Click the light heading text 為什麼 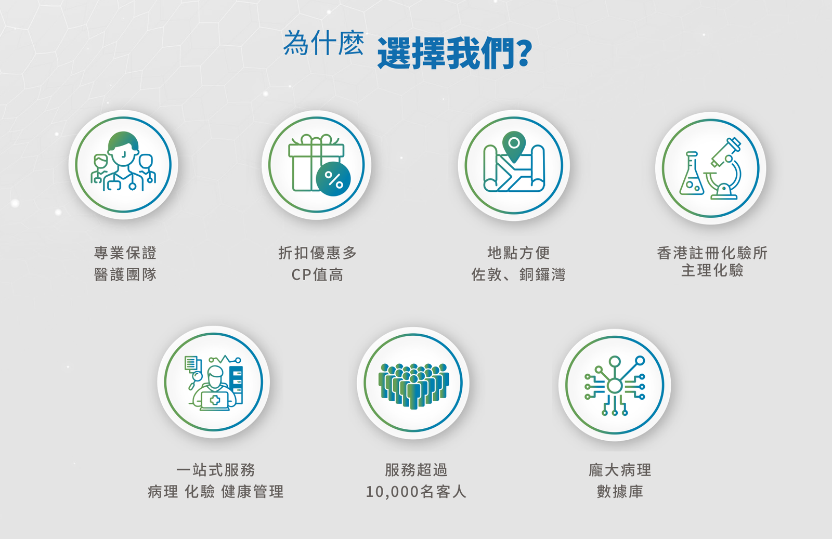(323, 44)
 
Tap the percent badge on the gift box (333, 179)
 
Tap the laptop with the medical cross (215, 401)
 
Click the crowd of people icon (413, 386)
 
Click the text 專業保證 (125, 253)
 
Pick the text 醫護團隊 (125, 274)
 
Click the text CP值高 (318, 274)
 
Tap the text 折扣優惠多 (318, 253)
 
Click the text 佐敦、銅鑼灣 (518, 274)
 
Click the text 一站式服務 (215, 470)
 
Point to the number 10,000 (393, 492)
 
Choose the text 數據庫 (620, 492)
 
